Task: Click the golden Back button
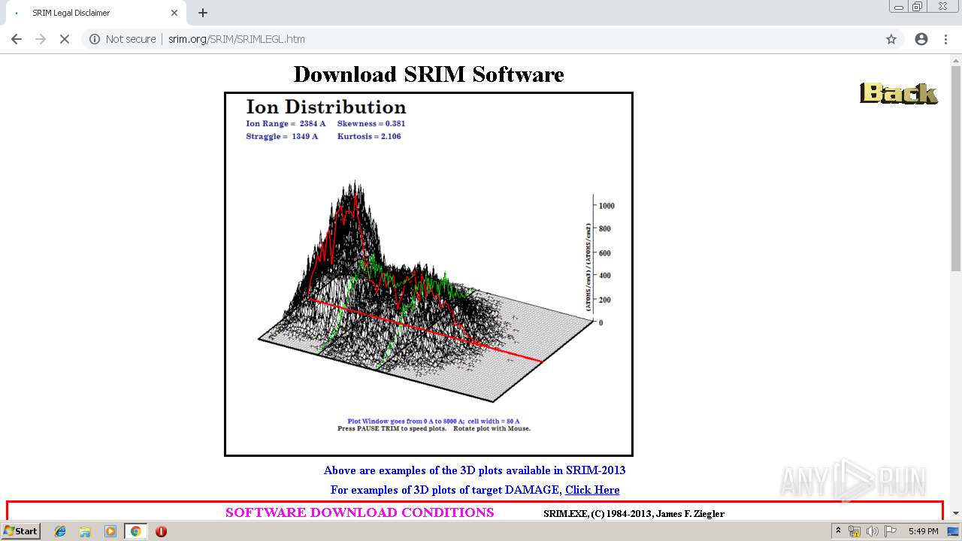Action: tap(898, 93)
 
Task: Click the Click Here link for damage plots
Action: tap(592, 490)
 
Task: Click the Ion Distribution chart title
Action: tap(325, 107)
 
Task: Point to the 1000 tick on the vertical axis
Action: tap(606, 205)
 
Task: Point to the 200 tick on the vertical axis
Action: tap(604, 300)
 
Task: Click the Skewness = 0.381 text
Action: tap(371, 123)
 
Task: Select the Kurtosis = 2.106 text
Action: tap(368, 137)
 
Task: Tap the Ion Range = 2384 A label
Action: tap(286, 123)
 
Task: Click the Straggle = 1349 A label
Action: tap(282, 137)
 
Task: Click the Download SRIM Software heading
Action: tap(428, 74)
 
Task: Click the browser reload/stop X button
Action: tap(65, 39)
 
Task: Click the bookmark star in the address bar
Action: tap(891, 39)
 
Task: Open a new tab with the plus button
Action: tap(203, 13)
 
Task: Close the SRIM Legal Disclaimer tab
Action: tap(174, 13)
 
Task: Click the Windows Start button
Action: tap(20, 531)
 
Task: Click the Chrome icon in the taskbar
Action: tap(135, 531)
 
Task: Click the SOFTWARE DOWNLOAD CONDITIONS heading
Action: tap(359, 512)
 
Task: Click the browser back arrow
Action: tap(17, 39)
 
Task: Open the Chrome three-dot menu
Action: tap(945, 39)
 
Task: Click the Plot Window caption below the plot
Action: tap(433, 422)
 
